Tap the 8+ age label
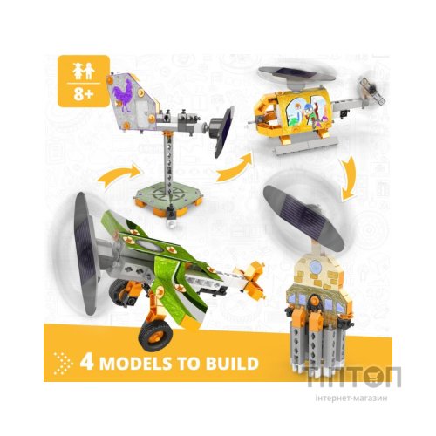[x=84, y=94]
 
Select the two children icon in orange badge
[x=84, y=72]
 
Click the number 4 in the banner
[x=87, y=362]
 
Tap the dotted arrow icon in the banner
[x=63, y=364]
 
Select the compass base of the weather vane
[x=168, y=197]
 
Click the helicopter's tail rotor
[x=371, y=90]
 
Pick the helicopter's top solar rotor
[x=296, y=75]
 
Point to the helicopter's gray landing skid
[x=307, y=146]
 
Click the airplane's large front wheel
[x=155, y=336]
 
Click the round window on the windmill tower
[x=316, y=266]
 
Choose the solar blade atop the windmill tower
[x=303, y=217]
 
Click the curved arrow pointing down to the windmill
[x=350, y=178]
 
